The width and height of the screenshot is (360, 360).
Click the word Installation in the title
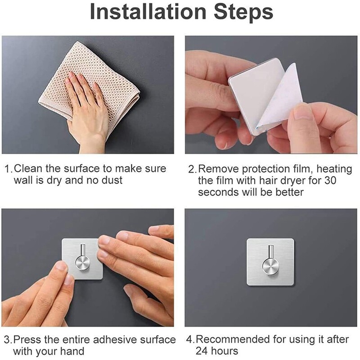tap(148, 12)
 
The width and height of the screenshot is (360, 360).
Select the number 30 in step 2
tap(330, 180)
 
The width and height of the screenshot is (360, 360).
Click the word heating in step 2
tap(334, 170)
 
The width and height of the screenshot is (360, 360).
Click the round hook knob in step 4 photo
tap(270, 266)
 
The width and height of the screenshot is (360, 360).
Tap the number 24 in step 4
tap(202, 351)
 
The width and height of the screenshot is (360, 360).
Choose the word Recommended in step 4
tap(233, 339)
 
